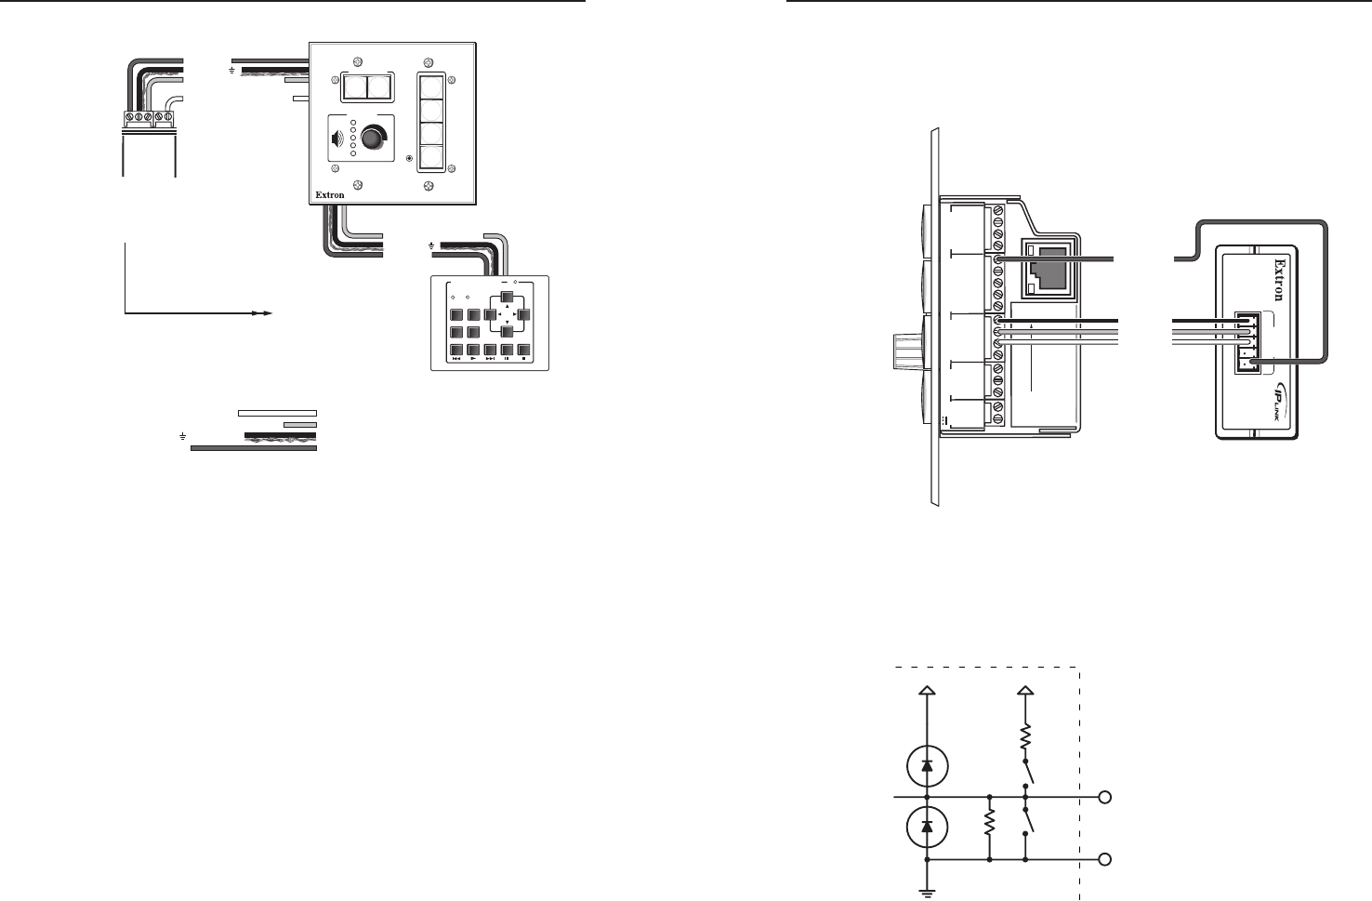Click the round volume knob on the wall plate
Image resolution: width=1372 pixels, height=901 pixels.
click(x=371, y=138)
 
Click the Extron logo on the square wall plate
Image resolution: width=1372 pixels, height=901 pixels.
click(x=330, y=195)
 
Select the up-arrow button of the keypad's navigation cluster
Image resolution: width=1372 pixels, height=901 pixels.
click(x=508, y=297)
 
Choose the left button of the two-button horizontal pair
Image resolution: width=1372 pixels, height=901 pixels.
click(x=353, y=88)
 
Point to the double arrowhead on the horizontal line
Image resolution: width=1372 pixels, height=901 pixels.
click(x=263, y=313)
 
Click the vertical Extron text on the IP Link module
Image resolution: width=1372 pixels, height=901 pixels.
click(x=1280, y=280)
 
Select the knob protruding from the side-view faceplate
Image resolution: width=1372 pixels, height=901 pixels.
click(x=911, y=352)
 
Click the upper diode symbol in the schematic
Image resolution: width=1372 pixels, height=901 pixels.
click(x=928, y=765)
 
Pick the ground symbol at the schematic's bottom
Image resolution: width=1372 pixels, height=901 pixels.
click(x=928, y=893)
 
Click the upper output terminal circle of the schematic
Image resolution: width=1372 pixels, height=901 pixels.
click(x=1105, y=798)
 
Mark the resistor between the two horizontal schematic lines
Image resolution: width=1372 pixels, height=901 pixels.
click(x=990, y=823)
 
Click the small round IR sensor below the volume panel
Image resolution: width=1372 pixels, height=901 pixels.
click(x=410, y=159)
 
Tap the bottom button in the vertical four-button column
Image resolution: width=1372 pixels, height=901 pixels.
click(x=431, y=158)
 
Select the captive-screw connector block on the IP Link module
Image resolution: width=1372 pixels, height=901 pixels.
click(x=1247, y=343)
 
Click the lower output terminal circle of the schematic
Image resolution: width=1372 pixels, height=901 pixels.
click(x=1105, y=859)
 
